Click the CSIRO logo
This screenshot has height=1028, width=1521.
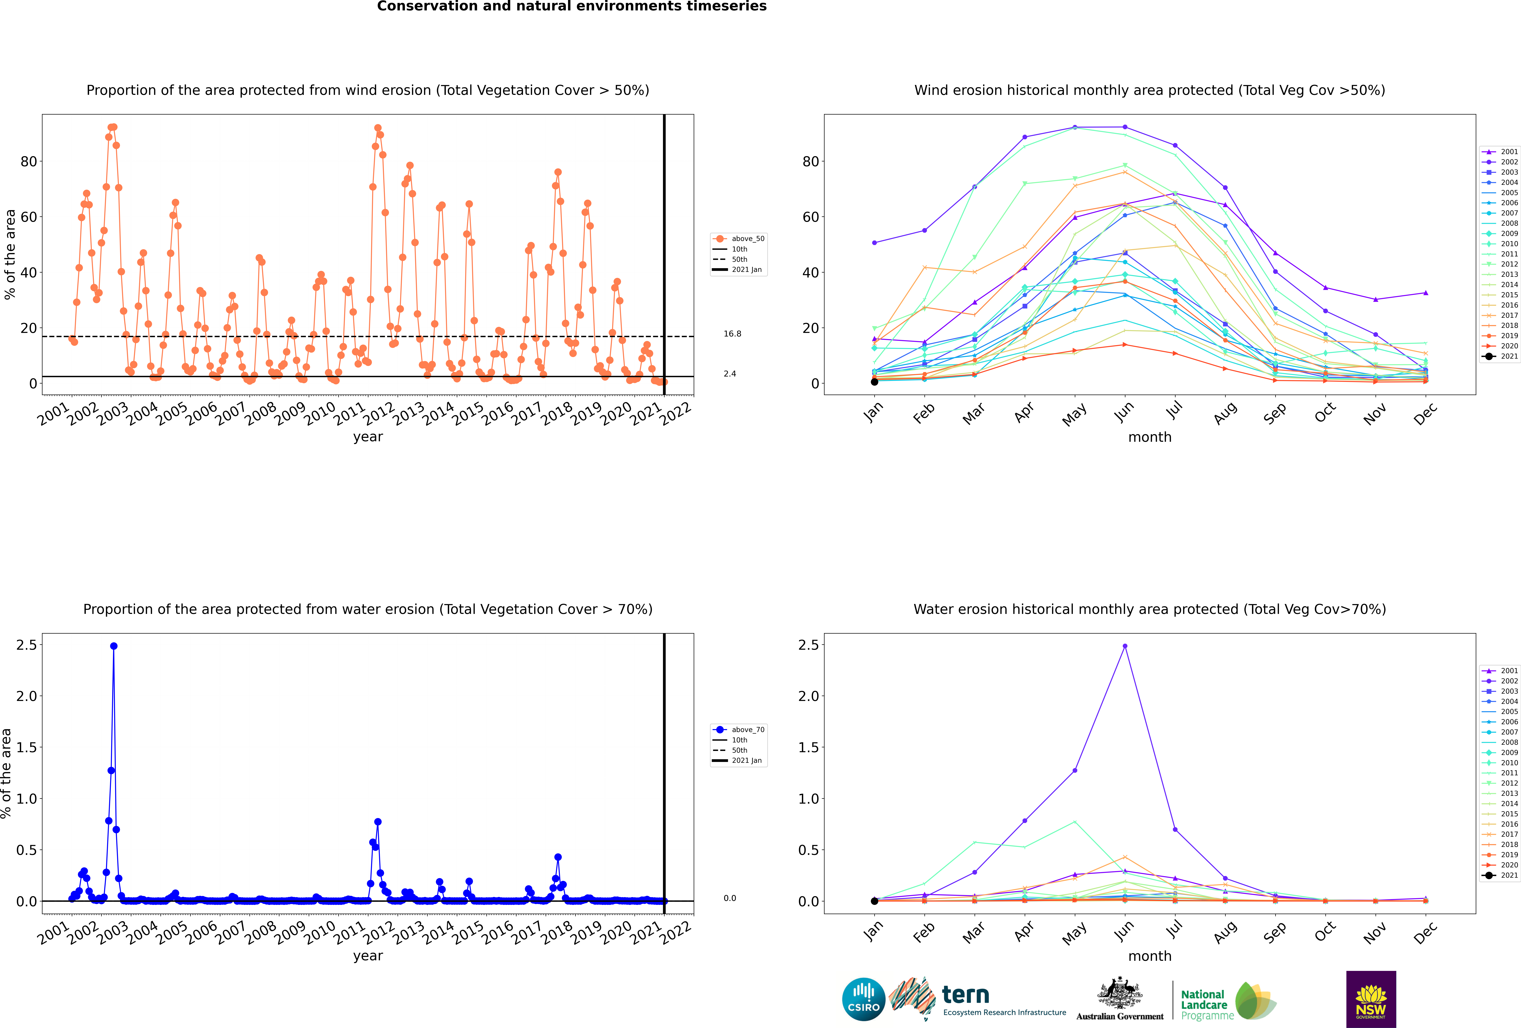[863, 999]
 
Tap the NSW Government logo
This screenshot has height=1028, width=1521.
[1370, 999]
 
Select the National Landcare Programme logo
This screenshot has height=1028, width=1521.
[1228, 1001]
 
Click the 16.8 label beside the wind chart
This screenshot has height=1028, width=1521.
[732, 334]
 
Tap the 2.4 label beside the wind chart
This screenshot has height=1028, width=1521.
[730, 374]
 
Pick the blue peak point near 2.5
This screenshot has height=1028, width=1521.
[114, 646]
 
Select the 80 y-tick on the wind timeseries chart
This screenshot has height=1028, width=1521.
[29, 162]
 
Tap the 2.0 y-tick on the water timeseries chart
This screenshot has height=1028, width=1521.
[27, 696]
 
